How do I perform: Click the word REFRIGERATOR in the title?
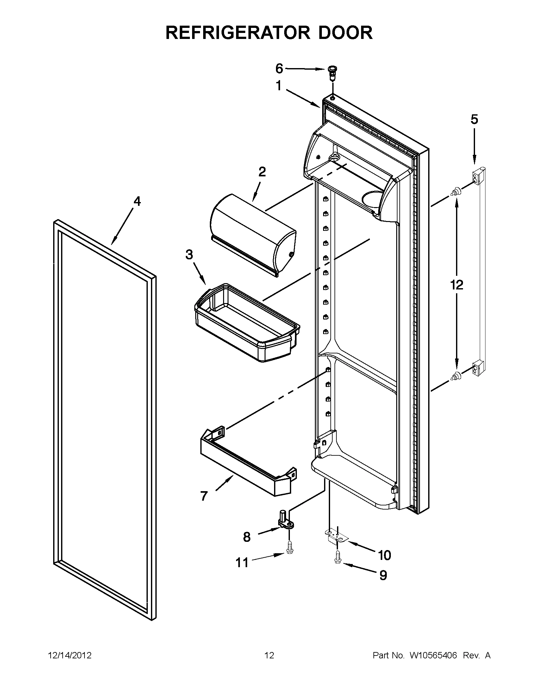(238, 33)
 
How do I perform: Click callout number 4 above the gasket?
(136, 201)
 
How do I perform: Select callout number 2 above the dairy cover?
(261, 172)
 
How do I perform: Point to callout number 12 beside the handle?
(457, 285)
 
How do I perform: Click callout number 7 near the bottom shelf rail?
(204, 496)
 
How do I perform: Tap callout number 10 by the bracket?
(385, 555)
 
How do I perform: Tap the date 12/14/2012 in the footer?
(70, 656)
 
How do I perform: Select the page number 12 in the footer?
(269, 656)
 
